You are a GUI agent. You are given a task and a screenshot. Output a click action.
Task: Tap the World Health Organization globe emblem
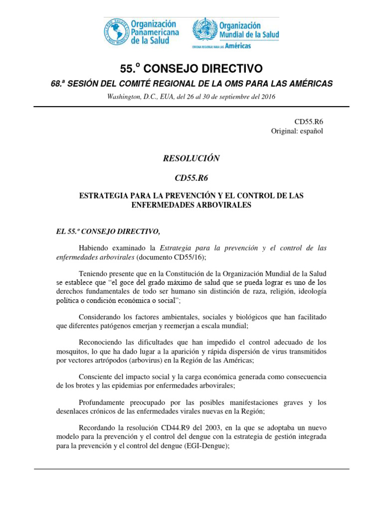[204, 30]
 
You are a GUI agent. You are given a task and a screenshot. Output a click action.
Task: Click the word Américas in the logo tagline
[239, 46]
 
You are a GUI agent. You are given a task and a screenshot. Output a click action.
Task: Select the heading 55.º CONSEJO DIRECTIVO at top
[191, 68]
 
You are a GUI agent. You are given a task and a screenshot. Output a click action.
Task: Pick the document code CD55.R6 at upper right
[311, 121]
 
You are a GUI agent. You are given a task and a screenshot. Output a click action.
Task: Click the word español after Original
[312, 131]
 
